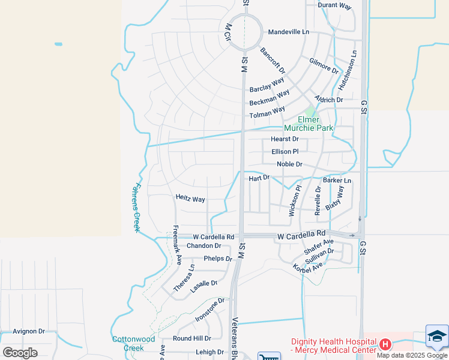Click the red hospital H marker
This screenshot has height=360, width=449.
point(385,344)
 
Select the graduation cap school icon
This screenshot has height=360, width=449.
point(437,337)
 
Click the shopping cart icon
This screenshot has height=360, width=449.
point(269,356)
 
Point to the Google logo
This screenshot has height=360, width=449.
point(20,353)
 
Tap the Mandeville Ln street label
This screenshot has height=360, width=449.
point(288,32)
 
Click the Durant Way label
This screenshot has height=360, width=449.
point(334,5)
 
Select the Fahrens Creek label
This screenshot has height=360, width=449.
point(136,207)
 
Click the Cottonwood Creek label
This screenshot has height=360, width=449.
point(127,343)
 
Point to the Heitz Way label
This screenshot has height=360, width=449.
point(190,199)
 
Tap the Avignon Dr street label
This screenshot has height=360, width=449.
point(29,331)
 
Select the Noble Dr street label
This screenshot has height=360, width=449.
point(289,164)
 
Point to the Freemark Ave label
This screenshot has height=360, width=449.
point(177,245)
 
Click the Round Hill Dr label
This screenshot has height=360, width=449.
point(192,338)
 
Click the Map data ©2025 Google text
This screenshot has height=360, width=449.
point(412,355)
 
